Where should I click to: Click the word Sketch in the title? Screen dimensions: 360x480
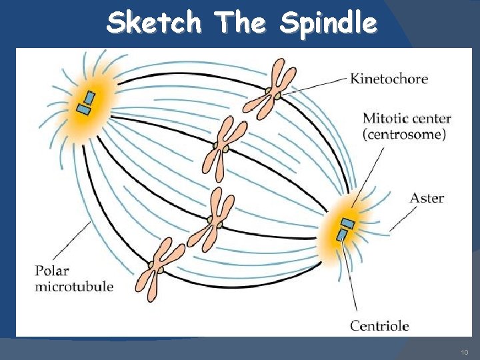click(153, 23)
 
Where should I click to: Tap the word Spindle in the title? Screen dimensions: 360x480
click(328, 24)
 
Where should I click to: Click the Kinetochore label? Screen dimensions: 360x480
click(389, 79)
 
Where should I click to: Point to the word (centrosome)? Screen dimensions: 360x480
click(404, 134)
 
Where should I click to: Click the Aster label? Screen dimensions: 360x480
click(427, 198)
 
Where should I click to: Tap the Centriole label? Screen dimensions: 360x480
click(379, 326)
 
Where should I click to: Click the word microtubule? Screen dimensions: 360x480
click(74, 287)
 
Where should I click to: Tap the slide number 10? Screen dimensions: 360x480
click(465, 351)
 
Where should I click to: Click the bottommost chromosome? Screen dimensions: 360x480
click(160, 267)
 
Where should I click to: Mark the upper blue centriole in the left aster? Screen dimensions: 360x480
click(89, 98)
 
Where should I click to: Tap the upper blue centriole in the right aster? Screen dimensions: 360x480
click(347, 223)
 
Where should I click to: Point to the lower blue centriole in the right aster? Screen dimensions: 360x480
click(342, 235)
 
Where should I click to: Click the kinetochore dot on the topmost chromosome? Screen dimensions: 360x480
click(270, 91)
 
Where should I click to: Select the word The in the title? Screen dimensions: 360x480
click(240, 23)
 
